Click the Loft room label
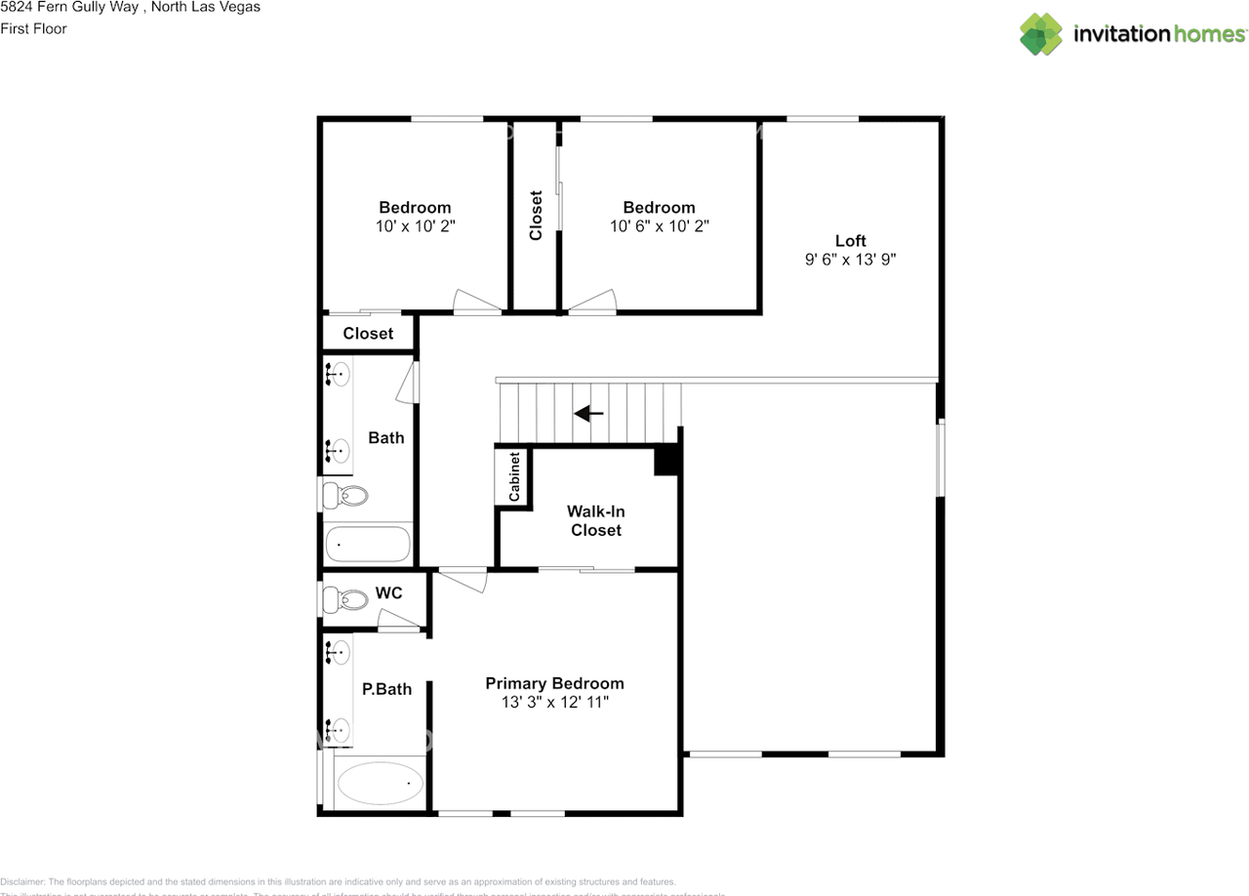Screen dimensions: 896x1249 850,241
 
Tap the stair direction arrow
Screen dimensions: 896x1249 588,414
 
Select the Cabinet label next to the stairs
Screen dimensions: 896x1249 514,476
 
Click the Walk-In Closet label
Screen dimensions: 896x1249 596,520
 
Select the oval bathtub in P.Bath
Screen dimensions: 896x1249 380,783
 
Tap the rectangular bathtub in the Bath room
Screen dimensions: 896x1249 368,544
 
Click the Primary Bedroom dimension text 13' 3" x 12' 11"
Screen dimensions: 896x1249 553,702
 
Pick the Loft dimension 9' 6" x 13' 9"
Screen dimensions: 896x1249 850,260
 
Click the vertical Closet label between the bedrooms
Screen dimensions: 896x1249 536,215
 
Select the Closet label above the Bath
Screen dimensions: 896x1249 368,334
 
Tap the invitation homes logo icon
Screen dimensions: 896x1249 1041,34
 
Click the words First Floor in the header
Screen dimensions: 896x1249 34,28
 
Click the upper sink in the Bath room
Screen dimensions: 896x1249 339,373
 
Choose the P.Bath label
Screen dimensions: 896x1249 386,689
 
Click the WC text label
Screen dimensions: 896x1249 388,593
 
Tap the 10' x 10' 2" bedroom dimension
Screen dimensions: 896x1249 415,225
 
